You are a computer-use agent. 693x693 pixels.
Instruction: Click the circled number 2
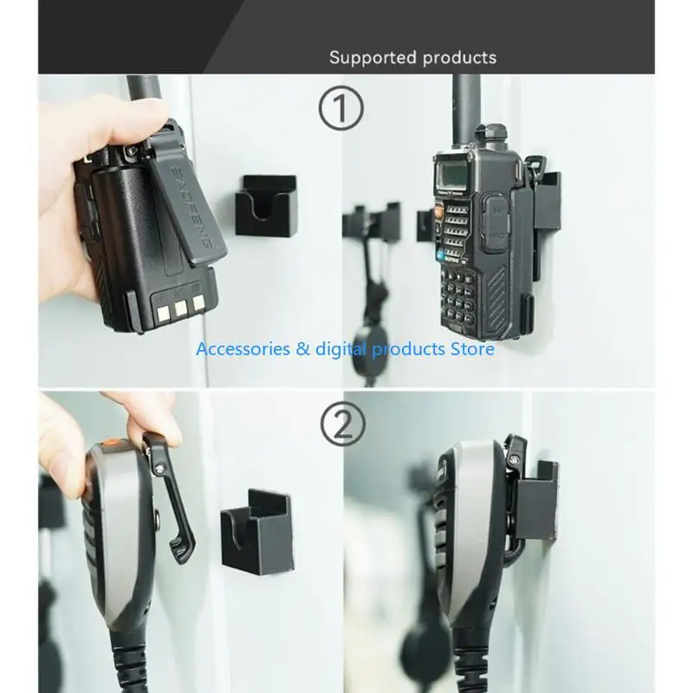343,424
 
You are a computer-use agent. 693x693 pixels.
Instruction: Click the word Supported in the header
372,58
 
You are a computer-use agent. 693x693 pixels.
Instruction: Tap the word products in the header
459,58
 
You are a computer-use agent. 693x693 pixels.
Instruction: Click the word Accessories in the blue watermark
245,349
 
